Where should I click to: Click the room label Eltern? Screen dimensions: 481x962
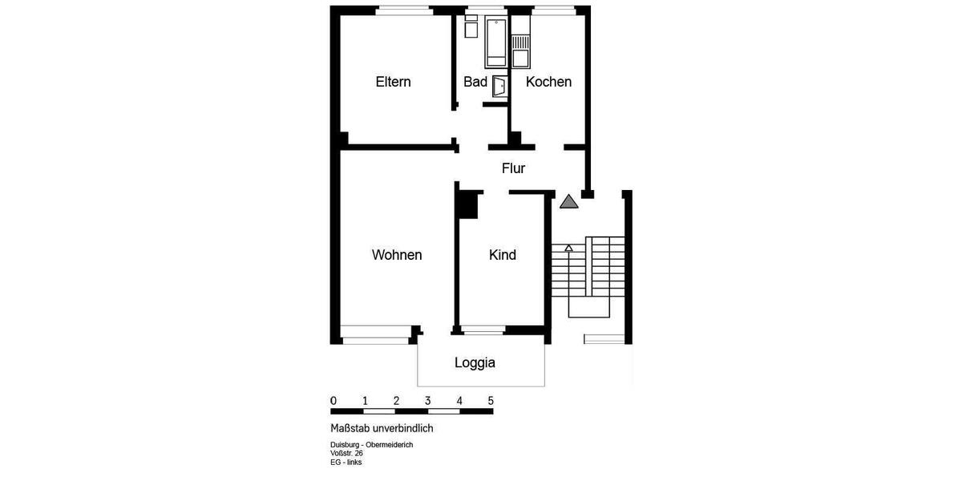pos(393,82)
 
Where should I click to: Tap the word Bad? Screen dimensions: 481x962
pos(475,82)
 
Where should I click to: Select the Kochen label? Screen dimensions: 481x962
pos(548,82)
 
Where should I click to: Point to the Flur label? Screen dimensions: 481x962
pos(513,168)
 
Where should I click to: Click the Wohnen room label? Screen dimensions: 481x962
pos(397,255)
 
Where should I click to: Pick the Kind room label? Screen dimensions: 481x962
pos(503,255)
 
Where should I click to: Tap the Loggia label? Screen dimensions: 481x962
pos(475,362)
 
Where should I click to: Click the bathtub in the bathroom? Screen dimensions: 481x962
pos(495,42)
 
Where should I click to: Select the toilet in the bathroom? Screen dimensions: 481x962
pos(471,27)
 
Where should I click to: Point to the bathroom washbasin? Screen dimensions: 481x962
pos(499,86)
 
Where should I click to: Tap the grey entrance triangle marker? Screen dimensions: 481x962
pos(569,202)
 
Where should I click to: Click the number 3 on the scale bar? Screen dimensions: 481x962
pos(427,401)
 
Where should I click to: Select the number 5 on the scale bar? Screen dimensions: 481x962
pos(491,401)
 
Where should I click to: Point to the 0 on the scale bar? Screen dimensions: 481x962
pos(333,401)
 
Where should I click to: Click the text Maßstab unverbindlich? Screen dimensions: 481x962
pos(382,428)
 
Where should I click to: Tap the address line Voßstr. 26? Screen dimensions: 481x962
pos(346,453)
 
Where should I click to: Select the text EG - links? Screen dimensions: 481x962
pos(346,462)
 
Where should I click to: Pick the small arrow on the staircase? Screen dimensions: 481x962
pos(568,249)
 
